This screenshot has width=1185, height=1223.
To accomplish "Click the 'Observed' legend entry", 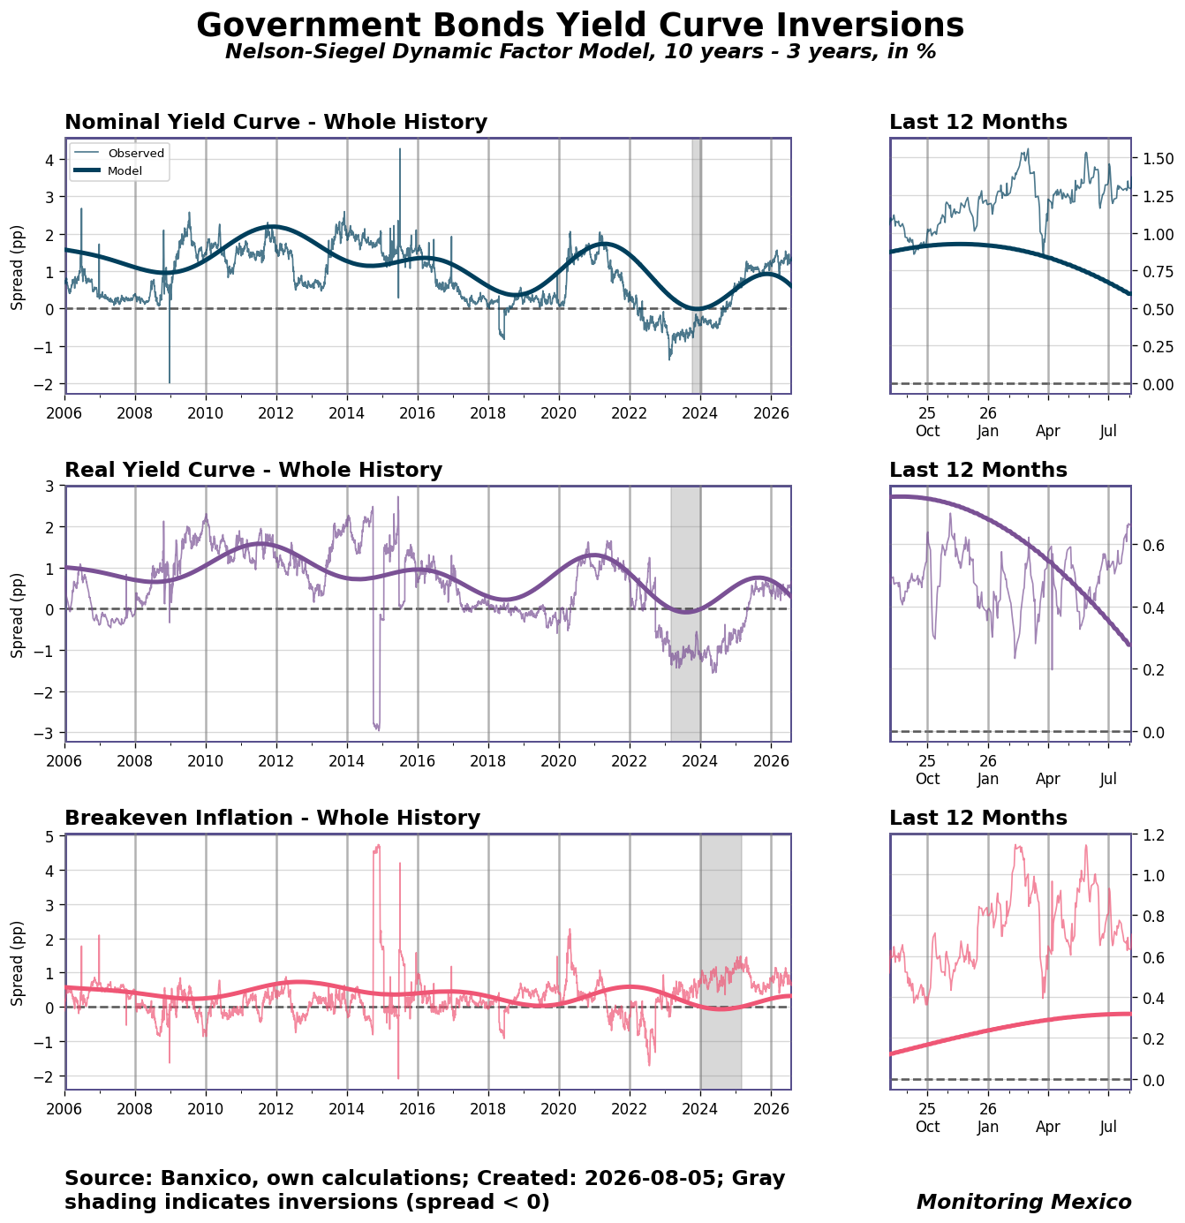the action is [x=136, y=153].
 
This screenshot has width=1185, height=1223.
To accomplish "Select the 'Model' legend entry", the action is [x=125, y=170].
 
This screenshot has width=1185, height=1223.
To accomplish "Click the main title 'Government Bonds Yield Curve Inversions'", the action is [x=579, y=25].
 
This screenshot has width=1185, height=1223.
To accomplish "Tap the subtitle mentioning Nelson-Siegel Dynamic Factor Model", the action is [x=580, y=51].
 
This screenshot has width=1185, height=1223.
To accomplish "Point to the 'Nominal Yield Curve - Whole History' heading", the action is [x=275, y=121].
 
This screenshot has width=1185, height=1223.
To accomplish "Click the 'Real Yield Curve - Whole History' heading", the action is [x=253, y=470].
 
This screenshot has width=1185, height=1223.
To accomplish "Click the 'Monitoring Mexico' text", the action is [x=1023, y=1201].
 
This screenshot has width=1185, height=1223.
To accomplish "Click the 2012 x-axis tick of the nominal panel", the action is [x=275, y=413].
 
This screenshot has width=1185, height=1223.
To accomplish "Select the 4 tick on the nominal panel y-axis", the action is [x=50, y=160].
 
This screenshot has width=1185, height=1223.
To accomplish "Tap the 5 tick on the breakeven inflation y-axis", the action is [x=50, y=836].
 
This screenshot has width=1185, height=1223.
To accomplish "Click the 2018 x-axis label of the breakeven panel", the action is [x=487, y=1108].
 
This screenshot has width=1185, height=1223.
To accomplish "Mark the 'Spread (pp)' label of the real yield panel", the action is [x=17, y=615].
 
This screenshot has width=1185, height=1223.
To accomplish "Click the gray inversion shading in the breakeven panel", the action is [x=721, y=962].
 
